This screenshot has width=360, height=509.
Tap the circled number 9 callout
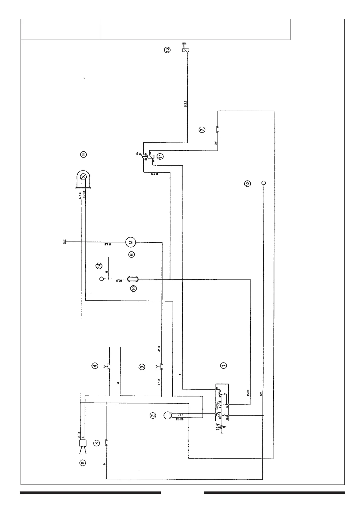(84, 154)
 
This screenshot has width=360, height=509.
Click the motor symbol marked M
(131, 242)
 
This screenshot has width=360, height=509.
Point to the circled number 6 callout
(131, 254)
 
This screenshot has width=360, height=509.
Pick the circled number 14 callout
(99, 266)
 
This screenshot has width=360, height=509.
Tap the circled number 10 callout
(133, 288)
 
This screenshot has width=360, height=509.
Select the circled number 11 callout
(160, 156)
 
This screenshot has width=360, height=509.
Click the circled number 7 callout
(202, 129)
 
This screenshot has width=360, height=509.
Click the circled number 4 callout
(95, 366)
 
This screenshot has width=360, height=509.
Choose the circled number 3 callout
(142, 367)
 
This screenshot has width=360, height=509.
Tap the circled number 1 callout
(223, 365)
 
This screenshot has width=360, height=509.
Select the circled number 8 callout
(96, 443)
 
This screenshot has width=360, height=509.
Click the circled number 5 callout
(82, 462)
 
